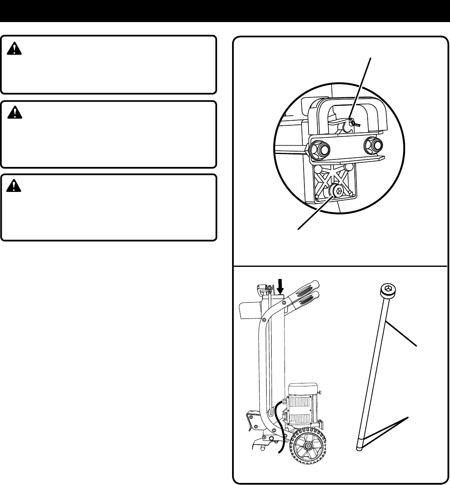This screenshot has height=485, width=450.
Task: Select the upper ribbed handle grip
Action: [307, 288]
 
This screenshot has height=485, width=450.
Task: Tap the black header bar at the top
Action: [225, 11]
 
